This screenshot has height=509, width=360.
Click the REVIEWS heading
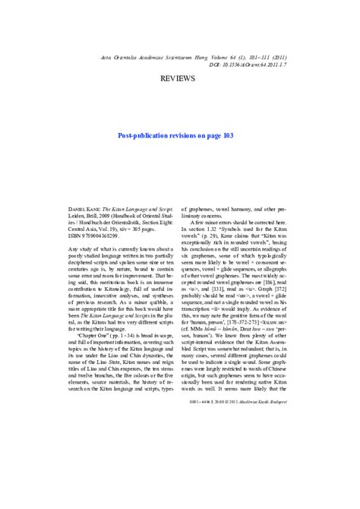pos(180,78)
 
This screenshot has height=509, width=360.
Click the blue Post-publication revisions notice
pos(180,136)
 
